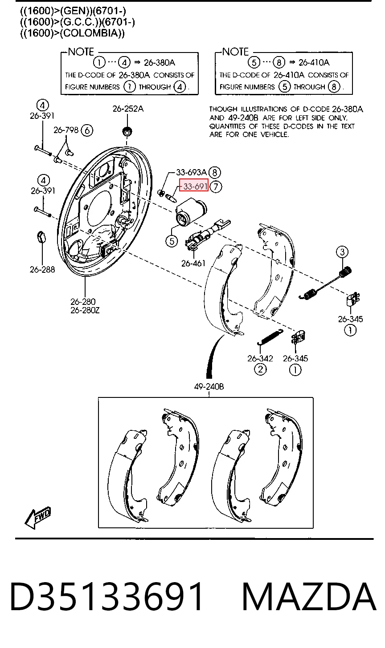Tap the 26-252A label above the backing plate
click(x=128, y=109)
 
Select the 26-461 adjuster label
click(x=193, y=263)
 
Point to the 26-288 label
click(x=42, y=270)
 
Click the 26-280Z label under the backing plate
click(x=85, y=310)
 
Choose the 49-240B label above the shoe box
click(x=209, y=386)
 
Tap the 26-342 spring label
click(x=260, y=358)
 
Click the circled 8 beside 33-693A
click(x=215, y=173)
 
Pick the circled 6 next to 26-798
click(x=87, y=130)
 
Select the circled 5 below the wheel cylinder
click(x=172, y=241)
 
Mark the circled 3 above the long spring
click(x=342, y=252)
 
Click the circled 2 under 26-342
click(x=260, y=369)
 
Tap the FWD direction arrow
click(x=38, y=518)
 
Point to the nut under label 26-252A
click(x=127, y=131)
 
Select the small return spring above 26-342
click(x=270, y=336)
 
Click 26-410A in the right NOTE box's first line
click(x=314, y=62)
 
